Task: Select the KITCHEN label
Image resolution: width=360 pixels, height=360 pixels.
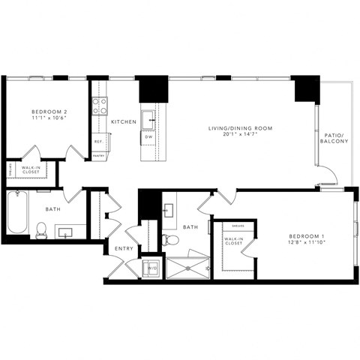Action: click(x=123, y=121)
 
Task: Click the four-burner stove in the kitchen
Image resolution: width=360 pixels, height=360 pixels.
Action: click(x=100, y=106)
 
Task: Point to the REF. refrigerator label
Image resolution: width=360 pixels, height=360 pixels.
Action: click(x=98, y=140)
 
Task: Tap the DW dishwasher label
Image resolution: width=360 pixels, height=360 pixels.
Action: click(x=150, y=137)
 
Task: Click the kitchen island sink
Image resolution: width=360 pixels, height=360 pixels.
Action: click(x=150, y=115)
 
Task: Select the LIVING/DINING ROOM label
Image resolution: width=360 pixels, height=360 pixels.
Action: click(x=240, y=129)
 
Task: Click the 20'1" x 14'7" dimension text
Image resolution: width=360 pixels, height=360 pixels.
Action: click(x=240, y=136)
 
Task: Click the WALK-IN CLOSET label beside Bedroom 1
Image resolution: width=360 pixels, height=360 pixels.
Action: click(x=233, y=241)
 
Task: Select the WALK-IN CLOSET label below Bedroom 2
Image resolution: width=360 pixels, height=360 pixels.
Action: click(x=31, y=170)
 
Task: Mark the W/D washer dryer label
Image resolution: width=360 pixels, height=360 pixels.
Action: click(x=153, y=267)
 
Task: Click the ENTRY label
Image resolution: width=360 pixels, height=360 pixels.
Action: click(x=122, y=248)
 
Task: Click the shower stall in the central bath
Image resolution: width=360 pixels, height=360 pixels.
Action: click(x=184, y=267)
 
